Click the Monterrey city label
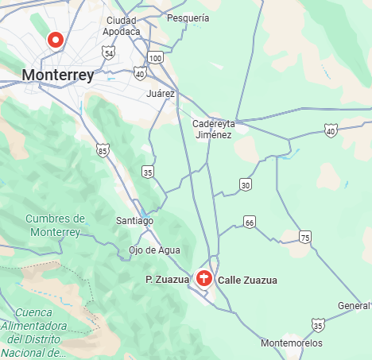coord(58,75)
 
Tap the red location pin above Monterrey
coord(56,39)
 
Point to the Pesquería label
coord(189,17)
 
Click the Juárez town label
coord(161,93)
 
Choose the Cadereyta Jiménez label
coord(212,129)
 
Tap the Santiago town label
coord(134,220)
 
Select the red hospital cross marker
coord(203,278)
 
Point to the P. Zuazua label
coord(168,279)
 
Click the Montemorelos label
coord(292,343)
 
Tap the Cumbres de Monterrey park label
coord(55,225)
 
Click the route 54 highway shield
coord(108,52)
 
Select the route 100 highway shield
coord(156,58)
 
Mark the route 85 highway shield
coord(102,149)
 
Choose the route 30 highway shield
coord(246,185)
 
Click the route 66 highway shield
coord(250,222)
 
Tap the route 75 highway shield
coord(305,238)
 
